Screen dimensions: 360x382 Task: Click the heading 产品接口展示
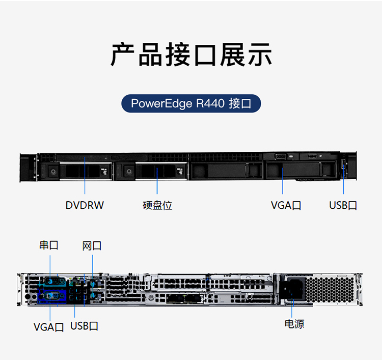191,55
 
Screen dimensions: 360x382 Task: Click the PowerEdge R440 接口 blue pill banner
191,103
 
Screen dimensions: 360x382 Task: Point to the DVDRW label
85,205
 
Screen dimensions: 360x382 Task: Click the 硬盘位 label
157,205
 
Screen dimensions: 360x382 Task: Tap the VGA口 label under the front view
286,205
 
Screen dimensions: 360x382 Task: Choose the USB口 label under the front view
343,205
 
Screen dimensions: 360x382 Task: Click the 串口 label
49,245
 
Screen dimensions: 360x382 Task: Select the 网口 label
92,246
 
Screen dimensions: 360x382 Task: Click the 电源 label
294,324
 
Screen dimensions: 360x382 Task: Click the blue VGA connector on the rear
51,295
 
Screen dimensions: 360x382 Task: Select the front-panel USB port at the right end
343,165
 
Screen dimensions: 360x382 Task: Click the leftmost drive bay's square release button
52,171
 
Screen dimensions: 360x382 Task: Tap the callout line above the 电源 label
293,308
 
